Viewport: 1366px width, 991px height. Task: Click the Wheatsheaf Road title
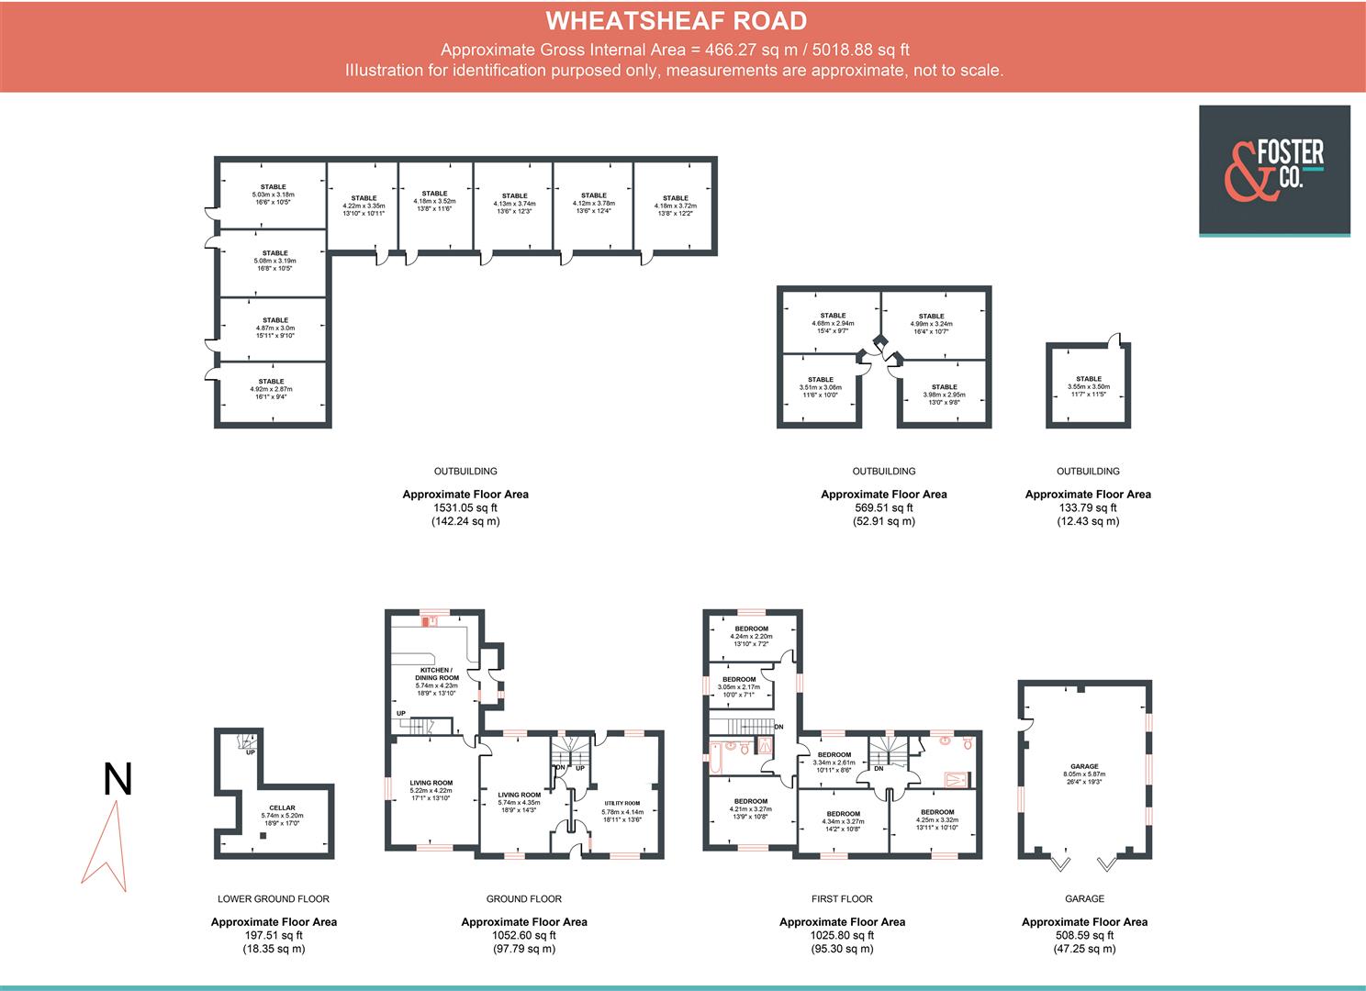[x=676, y=20]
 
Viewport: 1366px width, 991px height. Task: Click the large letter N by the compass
[x=118, y=780]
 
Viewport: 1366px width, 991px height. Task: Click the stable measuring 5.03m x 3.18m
[x=273, y=195]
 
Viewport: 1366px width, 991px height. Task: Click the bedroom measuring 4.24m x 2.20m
[x=751, y=632]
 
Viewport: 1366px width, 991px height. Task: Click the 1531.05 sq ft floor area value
[x=465, y=507]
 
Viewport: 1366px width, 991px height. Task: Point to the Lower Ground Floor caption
[x=273, y=899]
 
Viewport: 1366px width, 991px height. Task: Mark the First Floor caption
[x=842, y=899]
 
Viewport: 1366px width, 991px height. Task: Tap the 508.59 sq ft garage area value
[x=1084, y=936]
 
